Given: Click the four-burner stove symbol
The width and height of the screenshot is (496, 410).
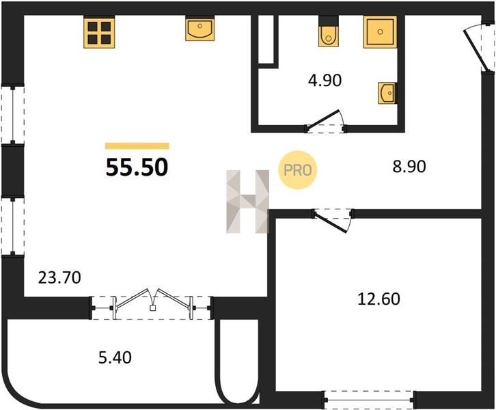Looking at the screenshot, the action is (x=99, y=32).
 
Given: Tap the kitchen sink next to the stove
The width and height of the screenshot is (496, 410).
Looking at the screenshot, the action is (x=200, y=29).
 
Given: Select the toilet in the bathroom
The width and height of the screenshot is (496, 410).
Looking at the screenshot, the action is (x=329, y=31).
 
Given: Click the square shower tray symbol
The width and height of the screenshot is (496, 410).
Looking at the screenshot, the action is (x=380, y=31).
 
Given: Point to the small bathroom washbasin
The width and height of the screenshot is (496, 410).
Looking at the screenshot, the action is (x=387, y=93).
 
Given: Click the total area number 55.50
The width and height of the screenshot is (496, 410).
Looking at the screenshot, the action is (x=137, y=167).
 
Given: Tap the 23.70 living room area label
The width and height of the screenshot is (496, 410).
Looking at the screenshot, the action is (x=59, y=277).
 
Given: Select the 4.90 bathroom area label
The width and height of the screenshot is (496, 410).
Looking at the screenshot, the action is (x=325, y=81).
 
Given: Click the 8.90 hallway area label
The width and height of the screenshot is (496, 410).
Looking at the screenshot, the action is (x=409, y=167).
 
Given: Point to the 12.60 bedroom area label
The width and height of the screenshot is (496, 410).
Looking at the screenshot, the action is (x=378, y=299).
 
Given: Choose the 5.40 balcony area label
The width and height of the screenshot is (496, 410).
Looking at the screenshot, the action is (x=115, y=358).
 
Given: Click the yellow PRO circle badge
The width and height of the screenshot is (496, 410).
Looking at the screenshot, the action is (x=297, y=170).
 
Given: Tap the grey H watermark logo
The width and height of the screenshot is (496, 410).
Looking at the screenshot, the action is (x=248, y=202).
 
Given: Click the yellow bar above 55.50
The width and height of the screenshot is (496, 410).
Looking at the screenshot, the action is (x=137, y=146).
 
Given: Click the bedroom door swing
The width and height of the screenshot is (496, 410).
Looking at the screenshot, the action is (x=333, y=221).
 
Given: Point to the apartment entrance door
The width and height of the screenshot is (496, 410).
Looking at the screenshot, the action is (x=479, y=49).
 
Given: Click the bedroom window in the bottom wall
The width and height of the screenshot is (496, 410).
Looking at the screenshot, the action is (x=369, y=400).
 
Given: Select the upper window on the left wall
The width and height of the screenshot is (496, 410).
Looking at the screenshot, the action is (x=13, y=115).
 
